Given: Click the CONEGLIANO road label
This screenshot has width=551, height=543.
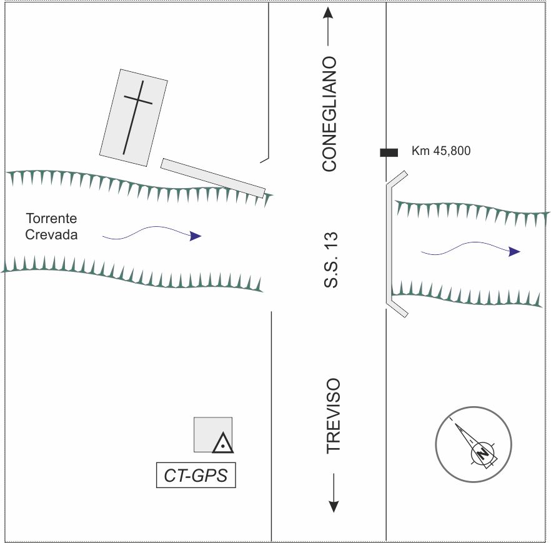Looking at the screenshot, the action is pos(330,114).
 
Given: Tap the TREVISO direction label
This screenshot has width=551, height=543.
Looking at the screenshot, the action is pos(333,416).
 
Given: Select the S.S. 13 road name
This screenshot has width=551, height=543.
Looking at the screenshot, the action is pos(330,260).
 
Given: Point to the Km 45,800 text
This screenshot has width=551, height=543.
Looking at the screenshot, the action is pos(441,151).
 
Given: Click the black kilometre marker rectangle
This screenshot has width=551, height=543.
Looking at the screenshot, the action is pos(389,152).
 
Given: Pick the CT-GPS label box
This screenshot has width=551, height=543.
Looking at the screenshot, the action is pos(196,475).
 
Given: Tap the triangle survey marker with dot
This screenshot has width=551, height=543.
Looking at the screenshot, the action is pos(223,443).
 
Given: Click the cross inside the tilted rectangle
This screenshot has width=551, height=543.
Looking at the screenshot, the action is pos(137,117).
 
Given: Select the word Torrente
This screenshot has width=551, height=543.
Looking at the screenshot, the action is pos(51,218).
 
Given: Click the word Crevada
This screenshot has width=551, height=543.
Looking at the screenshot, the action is pos(51,234).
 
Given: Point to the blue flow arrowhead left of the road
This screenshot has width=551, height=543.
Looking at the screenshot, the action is pos(196,236).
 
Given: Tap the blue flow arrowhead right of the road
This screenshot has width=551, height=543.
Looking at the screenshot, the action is pos(515,252).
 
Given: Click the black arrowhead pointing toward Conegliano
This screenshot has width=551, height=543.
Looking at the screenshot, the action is pos(328,12).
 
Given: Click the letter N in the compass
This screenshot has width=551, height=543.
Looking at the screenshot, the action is pos(482,453).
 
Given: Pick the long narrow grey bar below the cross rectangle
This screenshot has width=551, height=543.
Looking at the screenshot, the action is pos(213,178).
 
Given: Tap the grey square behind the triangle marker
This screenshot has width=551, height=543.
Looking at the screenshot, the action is pos(213,435).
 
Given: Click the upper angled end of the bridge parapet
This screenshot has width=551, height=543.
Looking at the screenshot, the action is pos(397,178).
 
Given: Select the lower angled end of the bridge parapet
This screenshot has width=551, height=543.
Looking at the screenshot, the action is pos(397,309).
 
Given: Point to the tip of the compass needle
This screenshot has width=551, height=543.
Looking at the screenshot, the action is pos(456,424).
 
